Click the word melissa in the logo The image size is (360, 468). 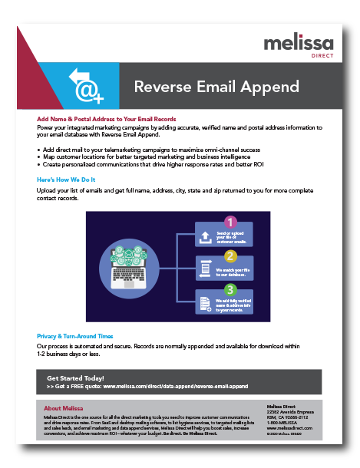pos(299,43)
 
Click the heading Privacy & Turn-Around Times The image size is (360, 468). pos(75,336)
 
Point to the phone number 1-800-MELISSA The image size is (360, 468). pos(283,421)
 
